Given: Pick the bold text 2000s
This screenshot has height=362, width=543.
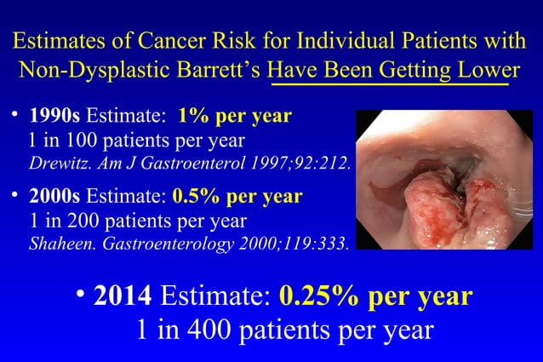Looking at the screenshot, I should (x=53, y=198).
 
